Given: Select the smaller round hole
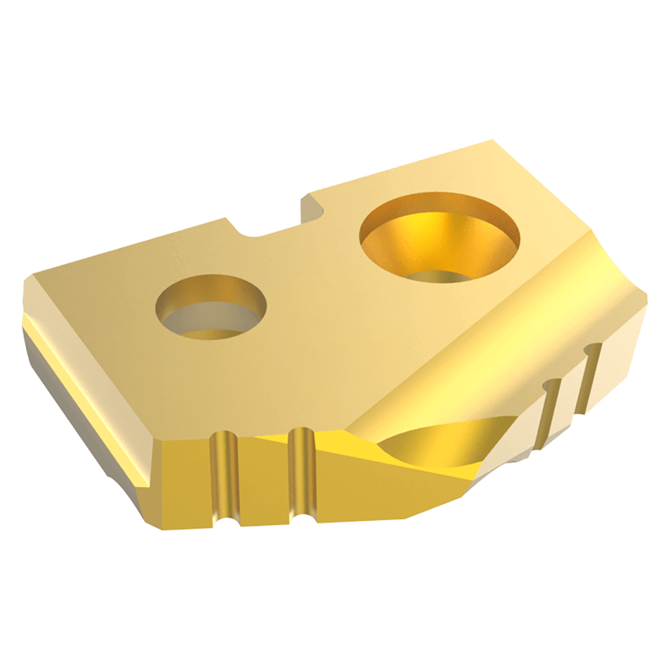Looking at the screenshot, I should coord(211,308).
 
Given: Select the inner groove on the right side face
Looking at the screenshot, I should coord(550,414).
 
